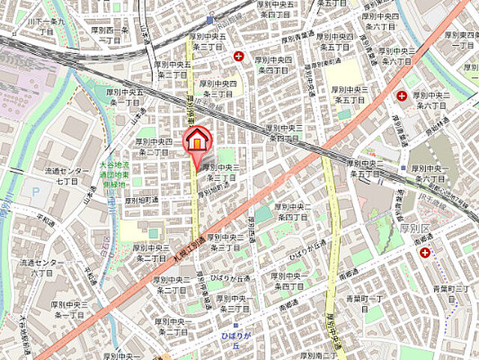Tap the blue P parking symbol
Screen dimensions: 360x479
pos(34,192)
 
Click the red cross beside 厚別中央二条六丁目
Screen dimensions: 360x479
pos(402,96)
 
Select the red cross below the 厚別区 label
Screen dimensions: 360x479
pos(425,253)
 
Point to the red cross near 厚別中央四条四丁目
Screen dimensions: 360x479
pos(239,55)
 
